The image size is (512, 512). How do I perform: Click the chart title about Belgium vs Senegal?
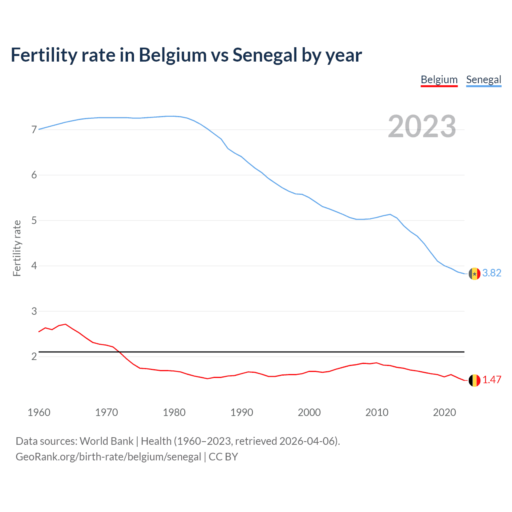(186, 55)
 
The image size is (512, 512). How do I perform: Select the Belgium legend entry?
(439, 80)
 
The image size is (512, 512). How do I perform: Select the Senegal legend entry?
(484, 80)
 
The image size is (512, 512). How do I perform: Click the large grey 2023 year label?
(422, 126)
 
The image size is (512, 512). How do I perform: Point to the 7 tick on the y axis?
(34, 130)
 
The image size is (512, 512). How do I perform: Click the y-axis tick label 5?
(34, 220)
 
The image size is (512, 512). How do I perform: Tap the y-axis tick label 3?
(34, 311)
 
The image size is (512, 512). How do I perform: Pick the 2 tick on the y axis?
(34, 356)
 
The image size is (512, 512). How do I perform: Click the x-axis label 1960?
(39, 412)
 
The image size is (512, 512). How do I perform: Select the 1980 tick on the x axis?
(174, 412)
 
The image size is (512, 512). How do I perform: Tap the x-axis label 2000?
(309, 412)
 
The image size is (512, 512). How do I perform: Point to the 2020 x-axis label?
(444, 412)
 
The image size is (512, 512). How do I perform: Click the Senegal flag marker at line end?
(474, 274)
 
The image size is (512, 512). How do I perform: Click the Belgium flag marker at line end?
(474, 380)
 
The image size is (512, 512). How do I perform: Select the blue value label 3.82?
(492, 273)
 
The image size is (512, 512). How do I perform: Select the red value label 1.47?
(492, 380)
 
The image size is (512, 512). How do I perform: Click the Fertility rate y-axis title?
(17, 248)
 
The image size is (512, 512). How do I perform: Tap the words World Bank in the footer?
(106, 441)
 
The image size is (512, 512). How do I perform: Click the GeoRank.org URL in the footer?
(108, 457)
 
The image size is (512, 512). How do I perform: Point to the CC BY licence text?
(223, 457)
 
